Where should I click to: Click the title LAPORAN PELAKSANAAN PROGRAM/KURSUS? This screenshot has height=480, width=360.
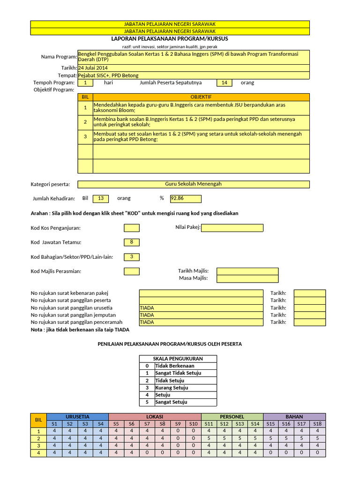[170, 39]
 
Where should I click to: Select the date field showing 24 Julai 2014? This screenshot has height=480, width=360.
[193, 68]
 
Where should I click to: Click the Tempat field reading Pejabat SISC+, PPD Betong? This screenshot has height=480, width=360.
[193, 75]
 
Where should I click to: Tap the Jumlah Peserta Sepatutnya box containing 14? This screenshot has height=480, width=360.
[224, 83]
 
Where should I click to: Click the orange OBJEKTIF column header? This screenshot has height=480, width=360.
[201, 97]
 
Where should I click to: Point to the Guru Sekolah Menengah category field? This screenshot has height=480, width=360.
[193, 184]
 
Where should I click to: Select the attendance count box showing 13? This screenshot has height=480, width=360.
[100, 199]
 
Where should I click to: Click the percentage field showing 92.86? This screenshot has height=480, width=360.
[186, 199]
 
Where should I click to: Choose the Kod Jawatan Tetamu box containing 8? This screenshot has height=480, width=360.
[132, 242]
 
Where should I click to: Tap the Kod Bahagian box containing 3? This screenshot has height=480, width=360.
[132, 257]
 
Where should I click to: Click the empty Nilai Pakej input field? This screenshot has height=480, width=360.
[232, 228]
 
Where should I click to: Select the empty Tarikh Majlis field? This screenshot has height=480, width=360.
[247, 271]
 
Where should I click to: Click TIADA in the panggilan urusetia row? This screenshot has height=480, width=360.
[201, 308]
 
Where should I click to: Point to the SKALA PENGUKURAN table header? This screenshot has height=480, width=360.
[178, 359]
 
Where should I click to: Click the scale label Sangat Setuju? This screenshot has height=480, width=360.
[171, 402]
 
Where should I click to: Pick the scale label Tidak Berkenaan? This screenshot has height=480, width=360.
[174, 366]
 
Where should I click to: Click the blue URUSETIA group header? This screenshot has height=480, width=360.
[77, 417]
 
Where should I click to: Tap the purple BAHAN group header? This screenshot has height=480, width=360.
[294, 417]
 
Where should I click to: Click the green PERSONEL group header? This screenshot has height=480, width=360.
[232, 417]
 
